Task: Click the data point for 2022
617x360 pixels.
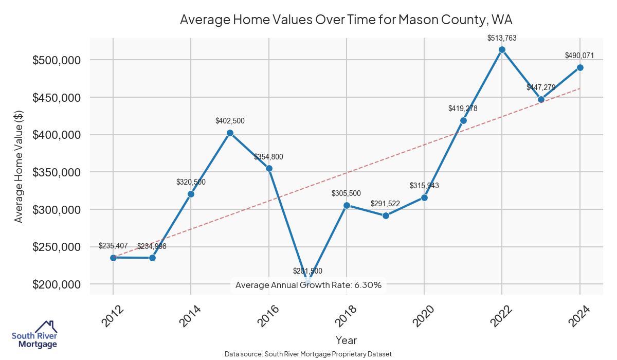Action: [x=502, y=50]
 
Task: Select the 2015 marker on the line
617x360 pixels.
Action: [x=230, y=133]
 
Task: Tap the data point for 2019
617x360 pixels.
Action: [x=386, y=215]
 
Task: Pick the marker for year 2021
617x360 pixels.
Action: [x=463, y=120]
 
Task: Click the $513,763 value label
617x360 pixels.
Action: [x=502, y=38]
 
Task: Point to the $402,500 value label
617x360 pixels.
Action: [x=230, y=121]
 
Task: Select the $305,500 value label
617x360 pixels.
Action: [x=347, y=193]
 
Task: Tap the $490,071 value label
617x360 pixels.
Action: [x=580, y=56]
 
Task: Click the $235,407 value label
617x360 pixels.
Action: [x=113, y=246]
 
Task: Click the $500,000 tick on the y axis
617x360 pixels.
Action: [x=57, y=60]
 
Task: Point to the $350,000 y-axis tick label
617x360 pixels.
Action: [x=57, y=172]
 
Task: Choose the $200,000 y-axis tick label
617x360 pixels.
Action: [x=57, y=284]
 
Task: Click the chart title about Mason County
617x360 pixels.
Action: [x=346, y=20]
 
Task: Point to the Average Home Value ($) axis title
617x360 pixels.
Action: [x=19, y=166]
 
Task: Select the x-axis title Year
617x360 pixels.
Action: [x=346, y=340]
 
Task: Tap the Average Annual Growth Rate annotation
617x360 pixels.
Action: [x=308, y=285]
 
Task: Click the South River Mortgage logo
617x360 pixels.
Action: [x=34, y=334]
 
